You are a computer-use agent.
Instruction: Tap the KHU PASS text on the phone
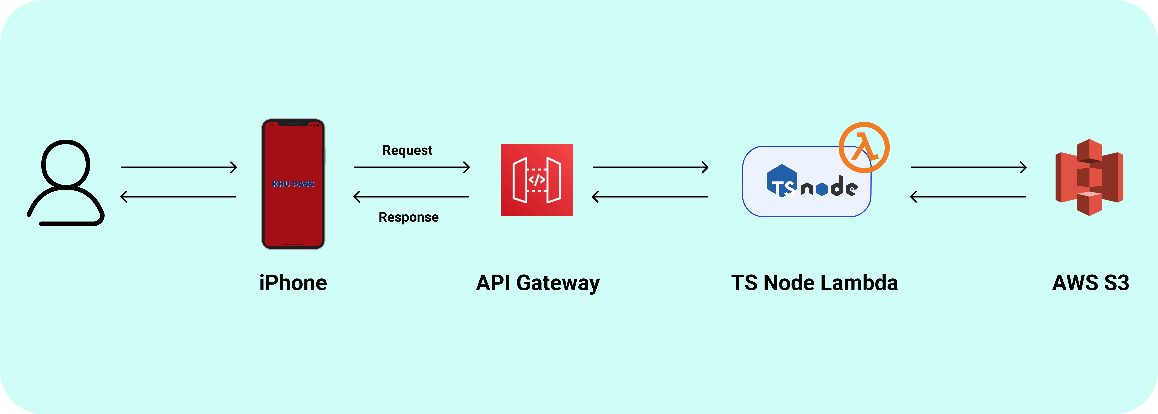[293, 184]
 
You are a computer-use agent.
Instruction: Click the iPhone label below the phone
[293, 283]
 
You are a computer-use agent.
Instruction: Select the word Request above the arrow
[407, 150]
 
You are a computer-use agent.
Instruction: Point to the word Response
[408, 217]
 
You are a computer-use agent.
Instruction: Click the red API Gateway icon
[537, 180]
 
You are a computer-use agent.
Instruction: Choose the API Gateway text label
[538, 283]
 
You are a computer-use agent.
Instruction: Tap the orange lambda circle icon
[864, 147]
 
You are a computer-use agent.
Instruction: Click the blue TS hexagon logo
[782, 181]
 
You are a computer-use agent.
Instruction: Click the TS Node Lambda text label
[814, 283]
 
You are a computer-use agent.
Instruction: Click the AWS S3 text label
[1091, 283]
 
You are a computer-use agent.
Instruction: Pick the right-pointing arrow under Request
[412, 167]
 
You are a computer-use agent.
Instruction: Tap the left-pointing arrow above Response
[412, 196]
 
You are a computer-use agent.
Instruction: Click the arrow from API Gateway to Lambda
[650, 167]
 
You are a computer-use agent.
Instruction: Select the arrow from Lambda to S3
[968, 167]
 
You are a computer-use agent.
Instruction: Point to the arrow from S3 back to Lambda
[968, 196]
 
